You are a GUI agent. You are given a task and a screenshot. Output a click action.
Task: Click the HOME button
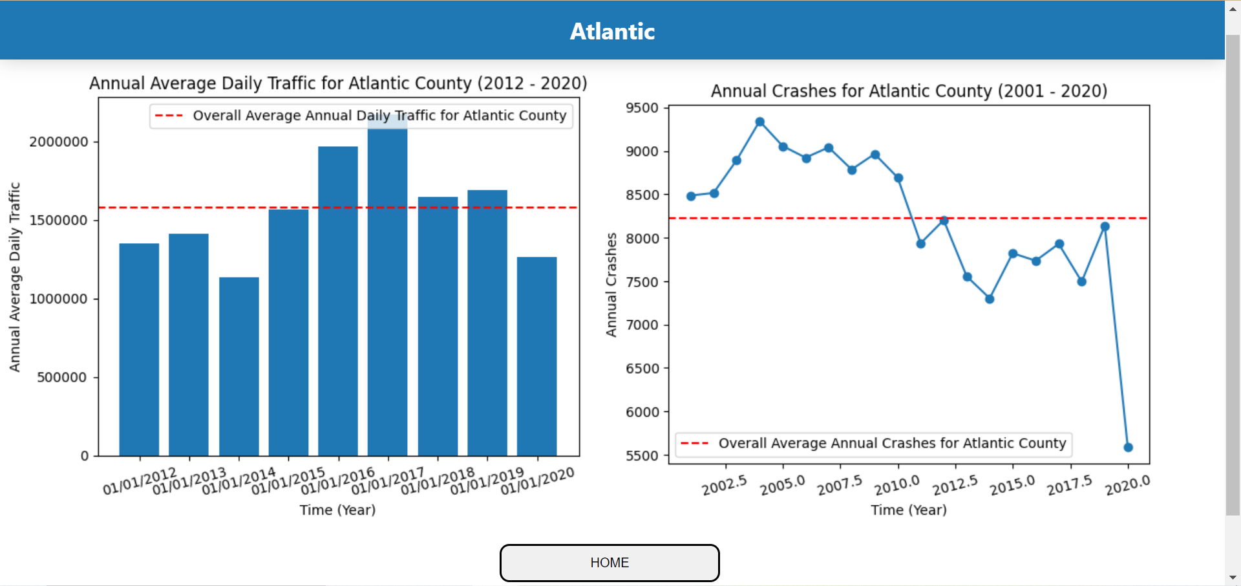(609, 563)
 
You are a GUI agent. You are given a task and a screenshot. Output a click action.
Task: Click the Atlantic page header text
(612, 32)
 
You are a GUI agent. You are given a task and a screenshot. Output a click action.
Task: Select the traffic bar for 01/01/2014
(239, 366)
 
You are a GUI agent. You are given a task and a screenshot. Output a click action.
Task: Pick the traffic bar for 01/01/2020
(536, 356)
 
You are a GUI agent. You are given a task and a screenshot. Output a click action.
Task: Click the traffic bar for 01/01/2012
(139, 349)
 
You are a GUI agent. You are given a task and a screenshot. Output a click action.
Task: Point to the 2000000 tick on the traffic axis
(59, 142)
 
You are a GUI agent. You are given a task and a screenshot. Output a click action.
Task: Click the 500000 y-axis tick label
(62, 377)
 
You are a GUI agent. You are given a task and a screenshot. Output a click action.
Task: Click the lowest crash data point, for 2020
(1128, 447)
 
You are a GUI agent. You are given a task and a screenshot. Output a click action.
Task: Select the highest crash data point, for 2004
(760, 122)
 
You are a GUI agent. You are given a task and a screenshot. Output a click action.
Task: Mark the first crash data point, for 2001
(691, 196)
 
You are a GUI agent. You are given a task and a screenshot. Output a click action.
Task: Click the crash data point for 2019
(1105, 226)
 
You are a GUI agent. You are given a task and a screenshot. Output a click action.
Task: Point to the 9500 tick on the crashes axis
(642, 108)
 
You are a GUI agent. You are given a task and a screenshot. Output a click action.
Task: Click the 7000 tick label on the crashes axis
(642, 325)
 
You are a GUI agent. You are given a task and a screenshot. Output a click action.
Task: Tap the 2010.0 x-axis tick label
(896, 484)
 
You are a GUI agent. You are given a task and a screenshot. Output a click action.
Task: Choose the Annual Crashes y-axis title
(611, 285)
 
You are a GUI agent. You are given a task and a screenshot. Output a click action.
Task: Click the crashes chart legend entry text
(891, 443)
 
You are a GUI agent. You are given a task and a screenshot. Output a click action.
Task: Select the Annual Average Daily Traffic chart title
(338, 83)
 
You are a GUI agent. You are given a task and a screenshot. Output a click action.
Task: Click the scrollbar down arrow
(1233, 578)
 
